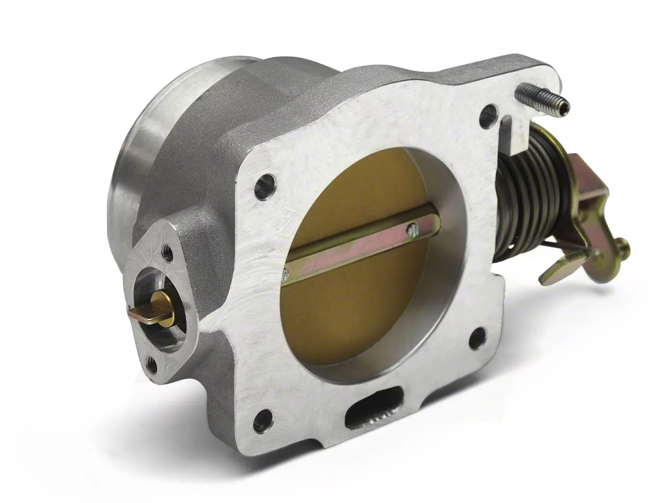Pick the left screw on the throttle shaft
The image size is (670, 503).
(286, 273)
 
